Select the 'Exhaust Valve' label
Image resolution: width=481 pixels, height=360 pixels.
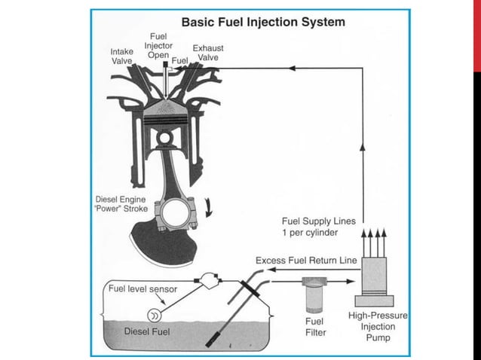click(208, 53)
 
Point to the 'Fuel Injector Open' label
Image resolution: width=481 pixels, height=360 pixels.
click(158, 45)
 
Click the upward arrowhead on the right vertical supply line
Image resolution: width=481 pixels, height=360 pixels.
click(363, 146)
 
